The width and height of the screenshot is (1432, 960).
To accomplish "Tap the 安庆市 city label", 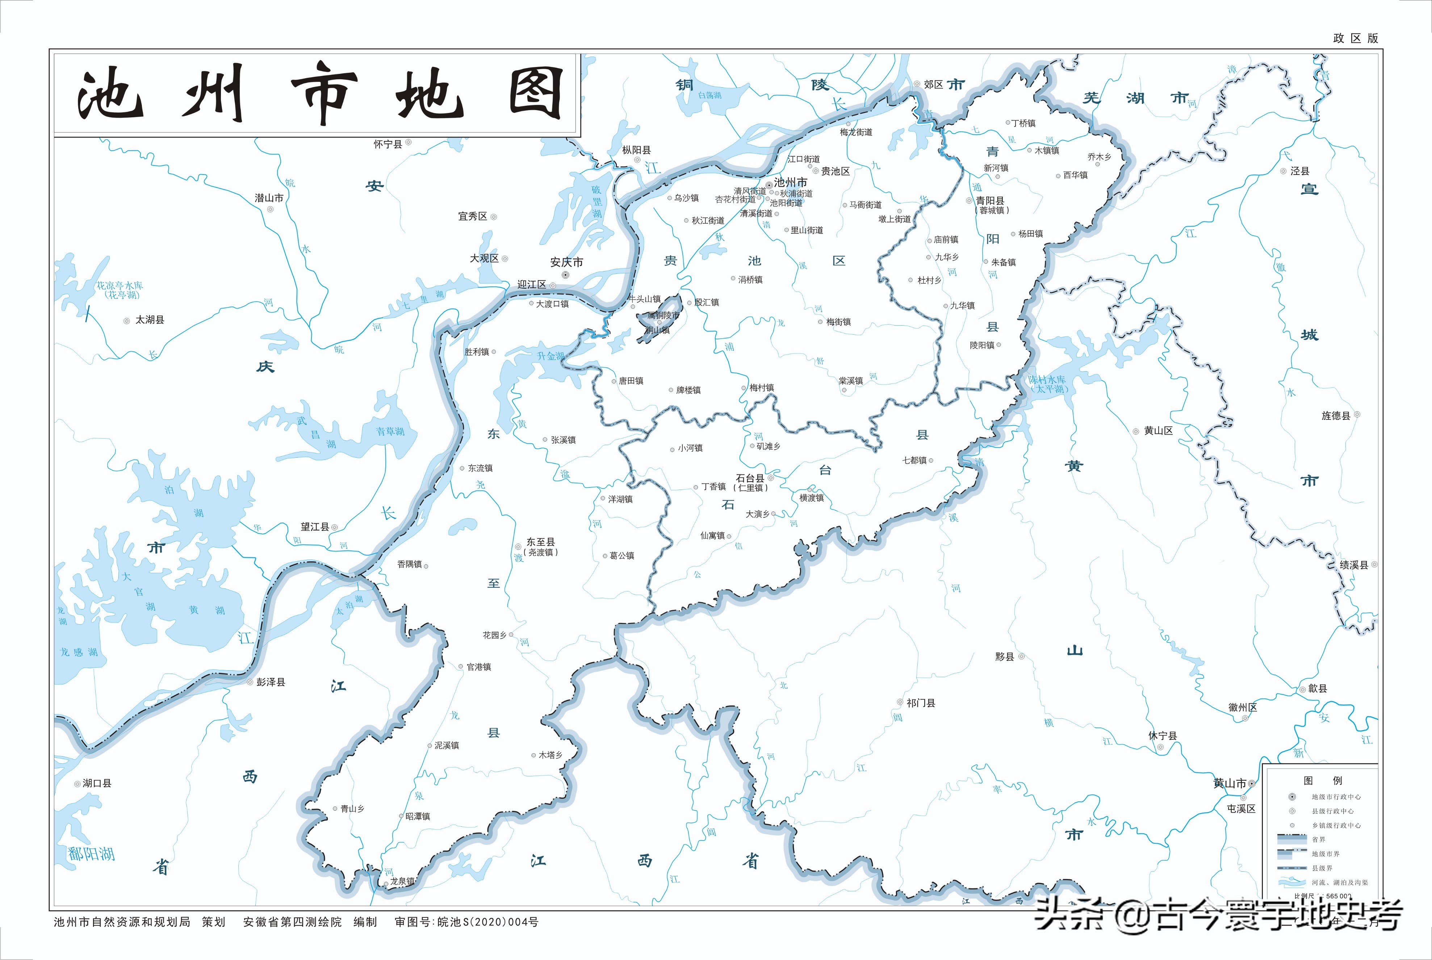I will (x=566, y=262).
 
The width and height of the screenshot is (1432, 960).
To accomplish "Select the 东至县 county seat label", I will (x=541, y=542).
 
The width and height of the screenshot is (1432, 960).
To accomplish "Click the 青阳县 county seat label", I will (x=990, y=201).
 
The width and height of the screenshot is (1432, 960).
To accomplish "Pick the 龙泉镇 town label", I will (x=402, y=881).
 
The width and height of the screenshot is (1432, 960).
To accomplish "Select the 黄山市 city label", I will (x=1230, y=783).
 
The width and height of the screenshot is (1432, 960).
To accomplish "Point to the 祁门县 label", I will (x=921, y=703).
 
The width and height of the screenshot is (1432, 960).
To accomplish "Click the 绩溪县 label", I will (x=1354, y=565).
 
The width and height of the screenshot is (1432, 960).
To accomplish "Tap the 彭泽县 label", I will (x=271, y=682).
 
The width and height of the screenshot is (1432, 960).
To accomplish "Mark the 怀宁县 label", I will (x=388, y=144).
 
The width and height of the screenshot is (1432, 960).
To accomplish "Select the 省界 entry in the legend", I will (x=1318, y=839).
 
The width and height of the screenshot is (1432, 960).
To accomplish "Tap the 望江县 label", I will (x=315, y=527).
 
